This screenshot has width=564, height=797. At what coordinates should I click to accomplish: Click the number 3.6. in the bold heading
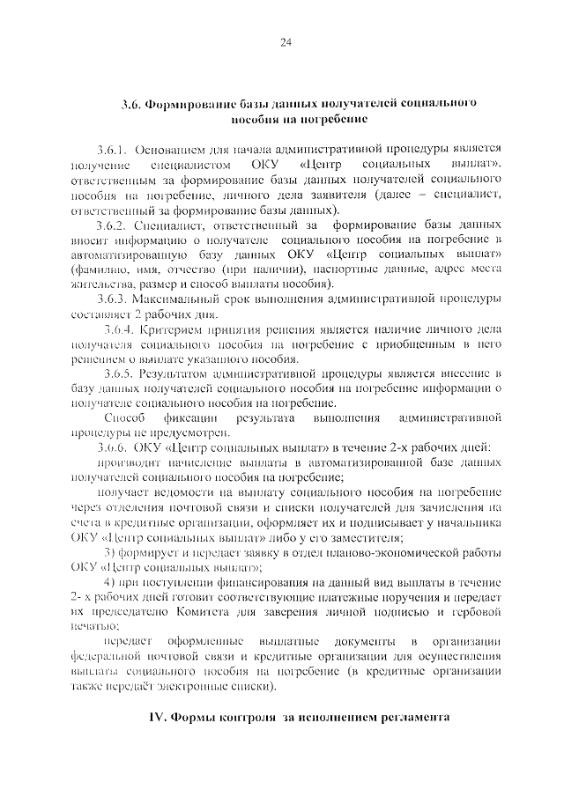click(x=132, y=103)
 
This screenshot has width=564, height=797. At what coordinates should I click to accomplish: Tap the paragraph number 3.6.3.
click(x=116, y=299)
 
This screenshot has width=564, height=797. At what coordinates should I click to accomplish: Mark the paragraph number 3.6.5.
click(x=121, y=373)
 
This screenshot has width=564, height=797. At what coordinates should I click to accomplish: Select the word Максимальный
click(x=182, y=299)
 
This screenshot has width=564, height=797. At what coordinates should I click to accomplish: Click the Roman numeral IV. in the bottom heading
click(x=154, y=719)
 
